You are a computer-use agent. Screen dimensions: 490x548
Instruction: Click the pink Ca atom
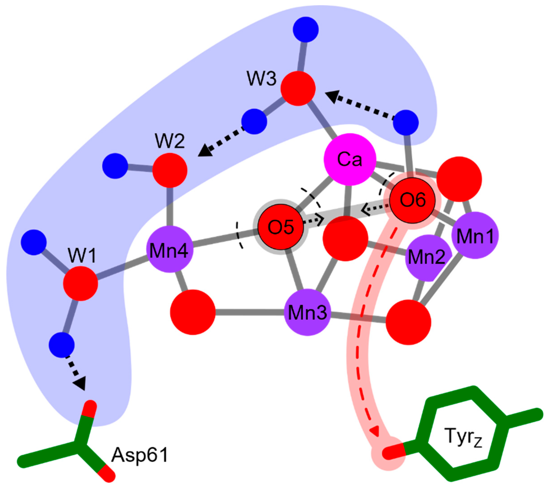point(349,159)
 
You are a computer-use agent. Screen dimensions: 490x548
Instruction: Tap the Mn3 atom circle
point(307,312)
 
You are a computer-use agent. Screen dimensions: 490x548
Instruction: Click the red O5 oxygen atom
point(280,227)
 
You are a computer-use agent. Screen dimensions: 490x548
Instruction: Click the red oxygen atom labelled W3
point(298,88)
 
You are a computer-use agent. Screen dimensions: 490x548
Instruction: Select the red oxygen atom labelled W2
point(170,170)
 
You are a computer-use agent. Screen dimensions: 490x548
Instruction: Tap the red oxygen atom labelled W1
point(80,283)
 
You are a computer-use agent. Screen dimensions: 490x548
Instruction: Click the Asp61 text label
point(140,455)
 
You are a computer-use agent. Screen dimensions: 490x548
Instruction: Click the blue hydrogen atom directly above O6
point(406,122)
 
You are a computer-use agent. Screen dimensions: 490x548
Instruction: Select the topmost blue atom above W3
point(306,29)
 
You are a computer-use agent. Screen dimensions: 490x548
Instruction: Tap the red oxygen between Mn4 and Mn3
point(193,312)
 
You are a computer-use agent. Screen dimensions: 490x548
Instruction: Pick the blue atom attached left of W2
point(115,166)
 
